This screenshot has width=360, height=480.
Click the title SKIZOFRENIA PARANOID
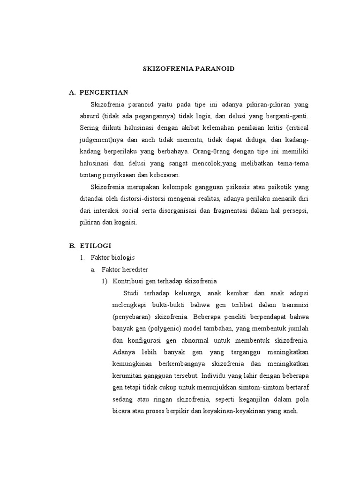click(x=188, y=68)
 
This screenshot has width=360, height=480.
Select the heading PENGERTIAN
click(x=104, y=92)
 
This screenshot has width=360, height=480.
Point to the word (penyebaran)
click(x=133, y=315)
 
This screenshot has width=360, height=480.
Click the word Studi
click(x=132, y=293)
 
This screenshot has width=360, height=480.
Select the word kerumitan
click(x=129, y=375)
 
